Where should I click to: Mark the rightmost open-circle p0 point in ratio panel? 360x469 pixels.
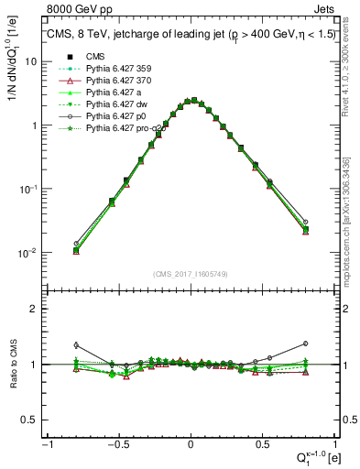click(x=305, y=344)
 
